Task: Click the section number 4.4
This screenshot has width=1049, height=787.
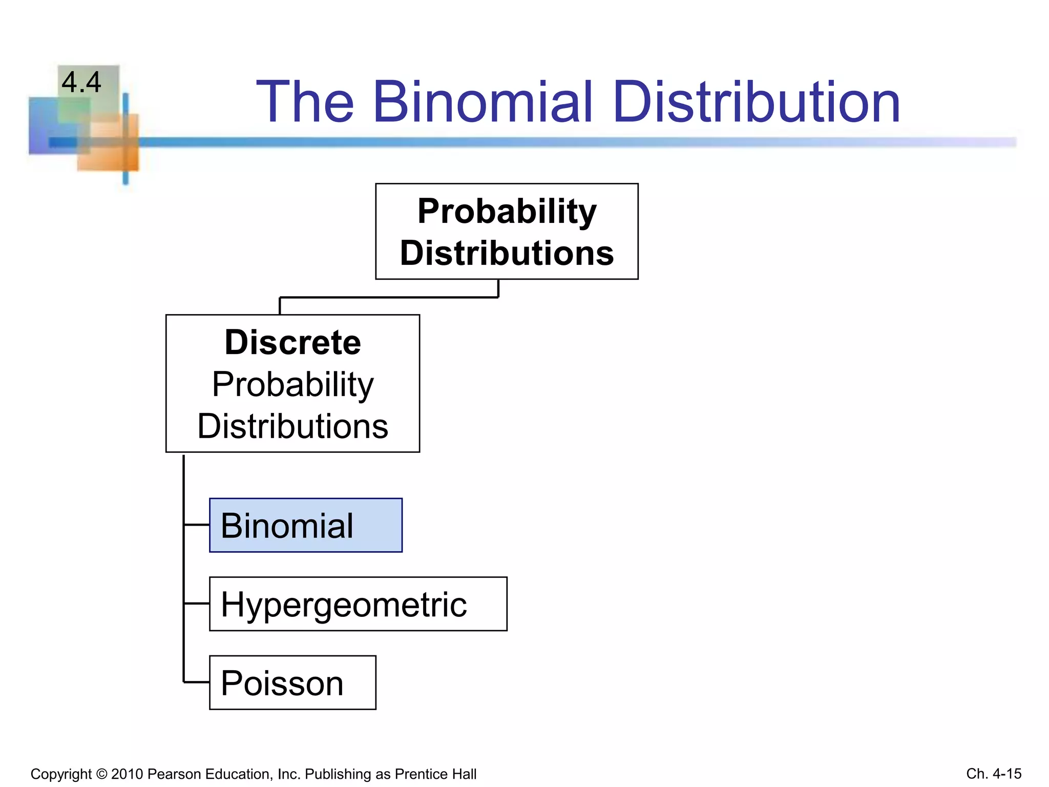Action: [81, 82]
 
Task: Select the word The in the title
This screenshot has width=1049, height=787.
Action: [305, 102]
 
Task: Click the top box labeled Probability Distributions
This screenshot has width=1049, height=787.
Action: [507, 232]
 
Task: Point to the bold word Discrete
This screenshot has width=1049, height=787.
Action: [292, 342]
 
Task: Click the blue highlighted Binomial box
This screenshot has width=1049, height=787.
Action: [306, 525]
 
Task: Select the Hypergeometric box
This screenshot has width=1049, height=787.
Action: [358, 604]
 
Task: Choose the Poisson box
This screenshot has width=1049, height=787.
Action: [292, 682]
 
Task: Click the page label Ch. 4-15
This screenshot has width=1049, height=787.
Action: [993, 774]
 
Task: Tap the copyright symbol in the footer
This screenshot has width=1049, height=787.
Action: [101, 774]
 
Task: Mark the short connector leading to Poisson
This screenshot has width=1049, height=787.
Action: [197, 682]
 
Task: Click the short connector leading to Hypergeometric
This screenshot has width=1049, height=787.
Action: [197, 604]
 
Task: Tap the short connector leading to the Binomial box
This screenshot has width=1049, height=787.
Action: [197, 525]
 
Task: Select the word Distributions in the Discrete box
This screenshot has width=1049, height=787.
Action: [292, 426]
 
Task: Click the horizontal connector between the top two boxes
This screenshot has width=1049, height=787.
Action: [389, 297]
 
